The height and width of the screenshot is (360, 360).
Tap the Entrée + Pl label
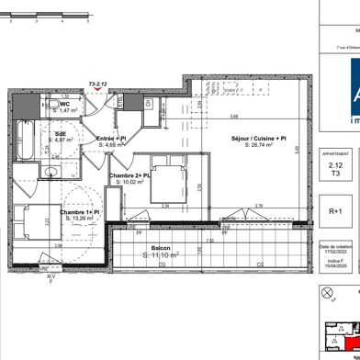[x=110, y=138]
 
